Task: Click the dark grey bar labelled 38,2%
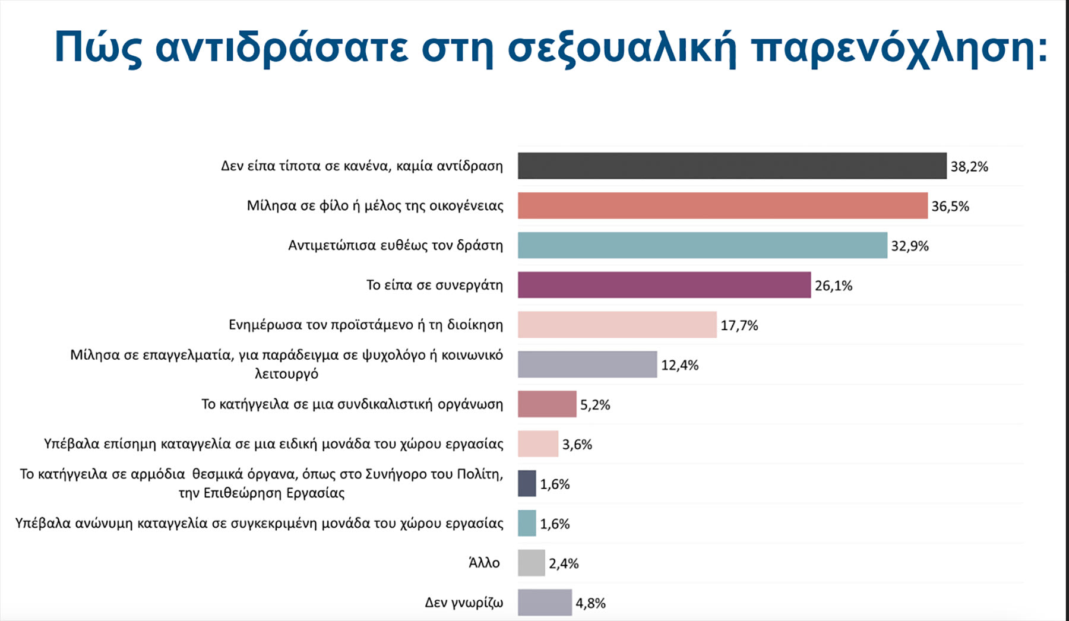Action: click(732, 166)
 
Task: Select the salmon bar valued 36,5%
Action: click(722, 205)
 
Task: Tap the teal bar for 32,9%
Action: click(702, 245)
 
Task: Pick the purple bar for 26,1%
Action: click(664, 285)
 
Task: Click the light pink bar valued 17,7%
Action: click(617, 325)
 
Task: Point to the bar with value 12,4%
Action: click(587, 365)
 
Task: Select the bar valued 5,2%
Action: click(547, 404)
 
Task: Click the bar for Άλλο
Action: click(531, 563)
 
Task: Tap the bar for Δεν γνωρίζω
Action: click(545, 603)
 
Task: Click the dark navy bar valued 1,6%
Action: click(527, 483)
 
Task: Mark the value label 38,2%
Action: click(969, 167)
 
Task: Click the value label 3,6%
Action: click(577, 445)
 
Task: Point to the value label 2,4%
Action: click(564, 563)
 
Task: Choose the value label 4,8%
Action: click(590, 603)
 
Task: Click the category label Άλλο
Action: click(484, 563)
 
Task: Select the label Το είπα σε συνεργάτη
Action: click(434, 285)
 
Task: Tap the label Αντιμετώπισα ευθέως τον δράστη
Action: click(396, 245)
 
